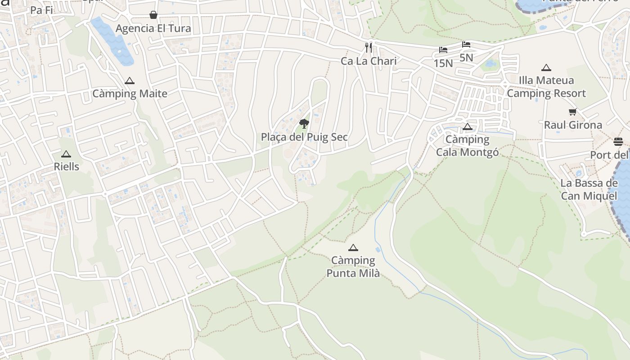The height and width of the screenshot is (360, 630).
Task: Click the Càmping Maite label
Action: (x=130, y=94)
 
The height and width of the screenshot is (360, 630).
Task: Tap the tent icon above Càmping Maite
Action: (x=130, y=81)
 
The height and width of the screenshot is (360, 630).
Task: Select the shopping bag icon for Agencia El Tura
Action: (x=153, y=15)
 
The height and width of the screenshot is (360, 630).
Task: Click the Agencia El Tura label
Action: (x=153, y=28)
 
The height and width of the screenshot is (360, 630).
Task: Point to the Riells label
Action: (x=67, y=166)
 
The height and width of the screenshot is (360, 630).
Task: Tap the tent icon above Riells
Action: (x=66, y=154)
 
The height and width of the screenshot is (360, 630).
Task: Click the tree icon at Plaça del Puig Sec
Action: (x=304, y=123)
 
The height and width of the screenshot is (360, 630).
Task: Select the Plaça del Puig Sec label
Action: (x=304, y=137)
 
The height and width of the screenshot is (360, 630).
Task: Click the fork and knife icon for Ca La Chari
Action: (x=369, y=48)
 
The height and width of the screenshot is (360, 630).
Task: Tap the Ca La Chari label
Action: (x=369, y=61)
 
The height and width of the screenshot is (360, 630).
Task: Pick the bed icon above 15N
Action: (x=443, y=50)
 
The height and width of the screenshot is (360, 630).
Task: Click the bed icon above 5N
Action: (x=466, y=45)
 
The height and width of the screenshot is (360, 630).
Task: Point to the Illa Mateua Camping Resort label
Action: (x=546, y=87)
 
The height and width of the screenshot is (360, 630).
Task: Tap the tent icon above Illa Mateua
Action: (x=546, y=68)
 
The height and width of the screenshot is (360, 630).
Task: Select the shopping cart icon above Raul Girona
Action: (x=573, y=112)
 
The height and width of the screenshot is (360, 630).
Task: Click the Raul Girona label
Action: (x=573, y=125)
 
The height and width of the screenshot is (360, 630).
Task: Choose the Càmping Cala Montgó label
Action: (x=468, y=146)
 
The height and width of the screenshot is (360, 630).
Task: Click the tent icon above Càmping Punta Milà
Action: (x=353, y=247)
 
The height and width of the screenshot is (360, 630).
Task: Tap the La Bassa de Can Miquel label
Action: (x=589, y=189)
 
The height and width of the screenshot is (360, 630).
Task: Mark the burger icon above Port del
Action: (x=618, y=142)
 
